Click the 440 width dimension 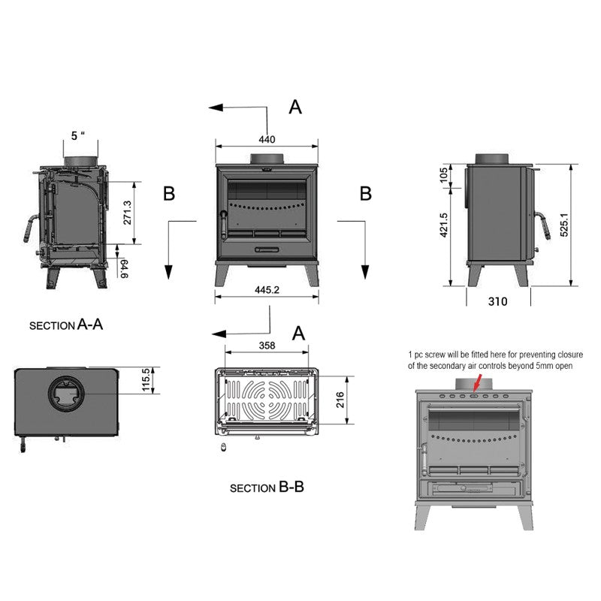(267, 139)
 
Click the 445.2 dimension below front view (267, 290)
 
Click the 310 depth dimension (497, 302)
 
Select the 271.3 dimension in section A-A (127, 213)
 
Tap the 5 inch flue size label (78, 136)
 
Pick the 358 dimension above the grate (267, 346)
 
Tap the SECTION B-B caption (267, 487)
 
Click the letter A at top (295, 108)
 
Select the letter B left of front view (169, 195)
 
